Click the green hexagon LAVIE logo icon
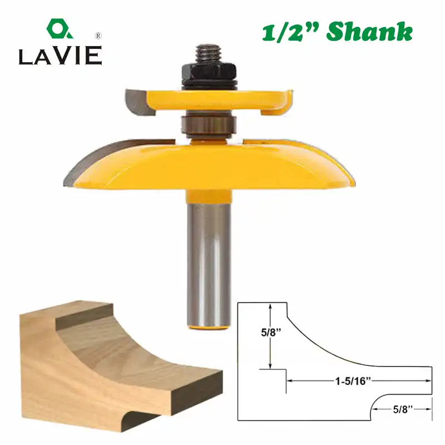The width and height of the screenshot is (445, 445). (59, 29)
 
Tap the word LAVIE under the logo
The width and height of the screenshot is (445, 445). (60, 56)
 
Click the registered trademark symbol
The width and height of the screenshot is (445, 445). (98, 36)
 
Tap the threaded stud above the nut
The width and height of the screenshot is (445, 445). (209, 53)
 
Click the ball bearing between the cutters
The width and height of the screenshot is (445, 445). (209, 124)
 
